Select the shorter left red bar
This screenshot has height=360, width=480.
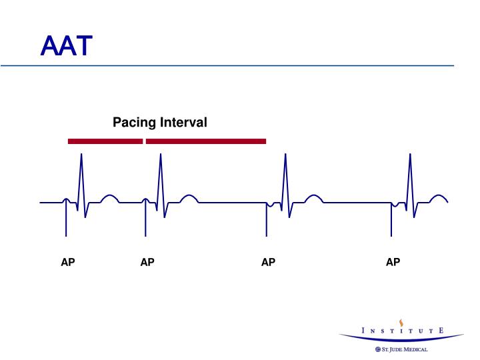click(x=105, y=141)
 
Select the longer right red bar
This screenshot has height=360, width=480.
click(x=205, y=141)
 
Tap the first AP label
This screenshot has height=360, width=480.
click(x=68, y=263)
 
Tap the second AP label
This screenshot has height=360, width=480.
click(x=147, y=263)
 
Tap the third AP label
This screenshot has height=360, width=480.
click(x=268, y=263)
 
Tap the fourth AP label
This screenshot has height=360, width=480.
click(x=393, y=263)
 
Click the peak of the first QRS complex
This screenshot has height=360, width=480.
click(x=81, y=155)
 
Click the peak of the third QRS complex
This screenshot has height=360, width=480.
click(x=285, y=155)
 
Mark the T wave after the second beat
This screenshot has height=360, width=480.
click(x=189, y=197)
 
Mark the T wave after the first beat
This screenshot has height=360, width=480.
click(x=109, y=197)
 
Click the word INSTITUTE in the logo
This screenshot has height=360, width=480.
click(x=401, y=330)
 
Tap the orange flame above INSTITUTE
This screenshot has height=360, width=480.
click(x=401, y=319)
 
